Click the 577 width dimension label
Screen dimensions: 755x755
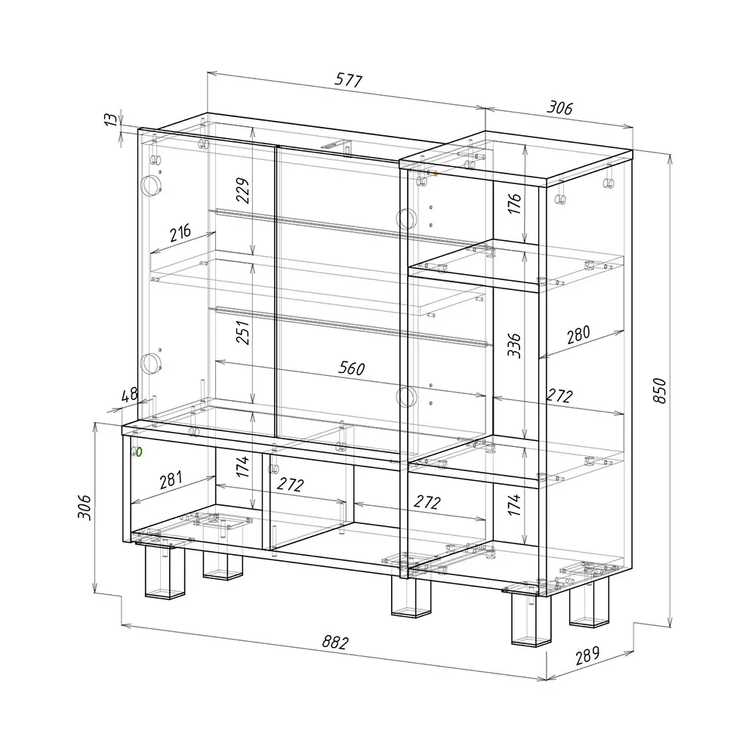point(348,80)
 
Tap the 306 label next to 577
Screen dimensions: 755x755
point(559,107)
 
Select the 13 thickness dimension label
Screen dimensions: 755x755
point(111,119)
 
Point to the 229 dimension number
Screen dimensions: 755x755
point(243,191)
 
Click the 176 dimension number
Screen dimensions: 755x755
point(514,203)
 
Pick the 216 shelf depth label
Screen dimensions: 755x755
point(180,233)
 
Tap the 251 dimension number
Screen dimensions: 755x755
point(243,332)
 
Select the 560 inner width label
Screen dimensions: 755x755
point(352,368)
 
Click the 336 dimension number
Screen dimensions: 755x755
point(514,345)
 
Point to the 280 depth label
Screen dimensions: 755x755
point(578,334)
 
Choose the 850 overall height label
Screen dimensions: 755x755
point(660,390)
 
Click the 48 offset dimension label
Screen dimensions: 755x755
point(130,395)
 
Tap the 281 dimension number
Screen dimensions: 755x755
point(171,479)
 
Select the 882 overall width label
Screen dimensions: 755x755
point(335,642)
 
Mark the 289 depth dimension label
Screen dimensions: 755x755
point(588,655)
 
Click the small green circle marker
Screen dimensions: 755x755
point(139,451)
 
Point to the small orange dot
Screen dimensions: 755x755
point(436,174)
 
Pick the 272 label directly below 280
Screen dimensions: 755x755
point(559,396)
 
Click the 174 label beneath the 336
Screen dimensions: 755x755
point(514,504)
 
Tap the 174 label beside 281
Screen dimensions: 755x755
point(243,467)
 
